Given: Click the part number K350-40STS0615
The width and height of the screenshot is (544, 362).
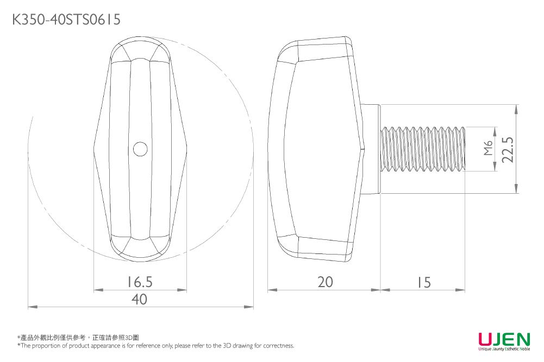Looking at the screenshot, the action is click(x=66, y=20).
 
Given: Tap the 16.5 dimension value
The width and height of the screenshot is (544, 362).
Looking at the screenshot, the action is click(x=140, y=282).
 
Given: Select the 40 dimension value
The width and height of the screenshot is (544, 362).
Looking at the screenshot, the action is click(x=140, y=299).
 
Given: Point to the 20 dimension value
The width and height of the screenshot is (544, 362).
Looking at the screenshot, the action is click(x=325, y=282).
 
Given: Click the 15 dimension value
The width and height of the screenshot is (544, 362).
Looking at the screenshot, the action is click(x=424, y=283).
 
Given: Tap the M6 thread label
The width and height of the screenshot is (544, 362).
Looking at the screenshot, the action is click(x=488, y=148).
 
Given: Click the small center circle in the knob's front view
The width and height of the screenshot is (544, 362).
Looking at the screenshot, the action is click(x=140, y=149).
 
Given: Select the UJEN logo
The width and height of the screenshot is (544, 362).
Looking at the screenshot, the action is click(x=504, y=341).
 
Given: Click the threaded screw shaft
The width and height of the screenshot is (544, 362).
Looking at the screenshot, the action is click(x=423, y=149).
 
